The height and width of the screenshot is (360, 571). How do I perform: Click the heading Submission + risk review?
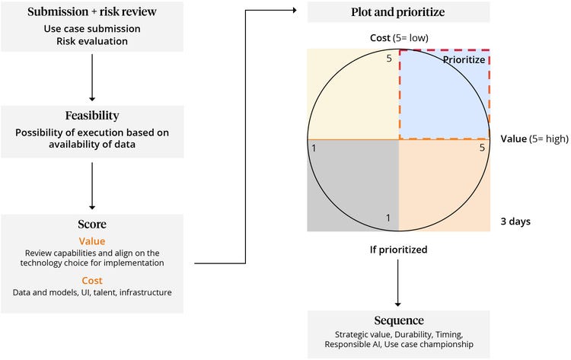(92, 13)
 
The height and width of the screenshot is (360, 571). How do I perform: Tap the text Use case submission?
(92, 29)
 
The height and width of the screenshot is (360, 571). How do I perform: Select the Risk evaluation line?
(92, 42)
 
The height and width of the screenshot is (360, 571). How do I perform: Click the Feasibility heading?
(92, 116)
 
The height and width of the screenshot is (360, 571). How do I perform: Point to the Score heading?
(92, 225)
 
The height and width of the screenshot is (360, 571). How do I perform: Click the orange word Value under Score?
(92, 241)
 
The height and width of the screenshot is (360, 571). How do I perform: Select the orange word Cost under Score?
(92, 280)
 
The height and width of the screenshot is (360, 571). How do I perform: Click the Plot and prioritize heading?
(397, 13)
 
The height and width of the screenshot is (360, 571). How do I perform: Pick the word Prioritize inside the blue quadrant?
(464, 59)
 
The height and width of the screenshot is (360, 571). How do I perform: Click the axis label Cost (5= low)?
(397, 37)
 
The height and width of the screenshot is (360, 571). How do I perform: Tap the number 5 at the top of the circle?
(389, 58)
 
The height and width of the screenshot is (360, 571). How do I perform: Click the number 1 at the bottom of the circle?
(388, 219)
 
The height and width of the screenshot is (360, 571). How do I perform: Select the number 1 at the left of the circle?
(314, 148)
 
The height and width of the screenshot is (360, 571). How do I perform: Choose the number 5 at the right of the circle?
(482, 148)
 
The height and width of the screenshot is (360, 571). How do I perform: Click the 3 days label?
(515, 221)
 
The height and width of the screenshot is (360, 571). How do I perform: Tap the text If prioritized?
(397, 248)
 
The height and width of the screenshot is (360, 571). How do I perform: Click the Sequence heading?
(397, 320)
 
